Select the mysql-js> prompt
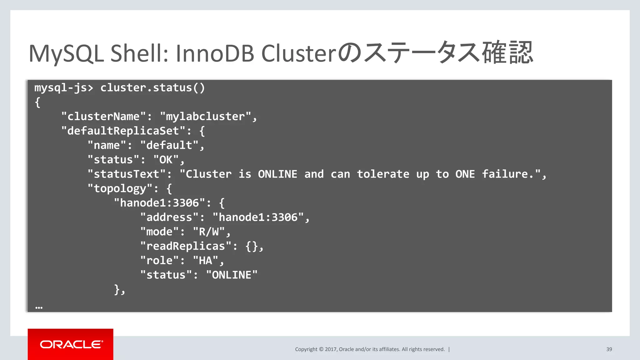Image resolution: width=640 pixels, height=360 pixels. [64, 88]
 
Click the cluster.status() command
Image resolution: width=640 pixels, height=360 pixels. [152, 88]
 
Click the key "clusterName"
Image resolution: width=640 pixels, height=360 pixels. [103, 117]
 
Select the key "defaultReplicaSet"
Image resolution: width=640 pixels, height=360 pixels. [123, 131]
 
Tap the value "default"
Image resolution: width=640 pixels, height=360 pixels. [169, 145]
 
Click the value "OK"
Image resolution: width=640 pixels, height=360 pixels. [166, 160]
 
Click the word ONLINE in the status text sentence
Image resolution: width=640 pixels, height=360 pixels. [277, 174]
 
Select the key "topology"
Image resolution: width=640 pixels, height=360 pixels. [120, 188]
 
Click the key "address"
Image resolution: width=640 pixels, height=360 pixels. [169, 217]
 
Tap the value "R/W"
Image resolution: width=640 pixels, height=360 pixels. [209, 232]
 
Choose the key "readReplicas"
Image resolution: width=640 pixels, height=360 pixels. [186, 246]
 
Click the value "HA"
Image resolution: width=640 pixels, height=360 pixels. [205, 260]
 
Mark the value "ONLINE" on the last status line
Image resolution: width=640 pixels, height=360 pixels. [232, 275]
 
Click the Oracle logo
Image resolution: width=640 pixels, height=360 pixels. [71, 344]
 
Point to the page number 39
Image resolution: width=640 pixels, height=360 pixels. [609, 349]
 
